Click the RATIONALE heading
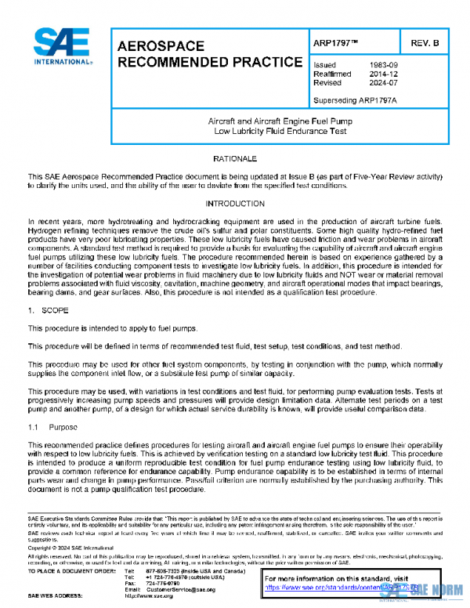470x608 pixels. [x=234, y=159]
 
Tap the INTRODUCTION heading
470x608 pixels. [x=234, y=204]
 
